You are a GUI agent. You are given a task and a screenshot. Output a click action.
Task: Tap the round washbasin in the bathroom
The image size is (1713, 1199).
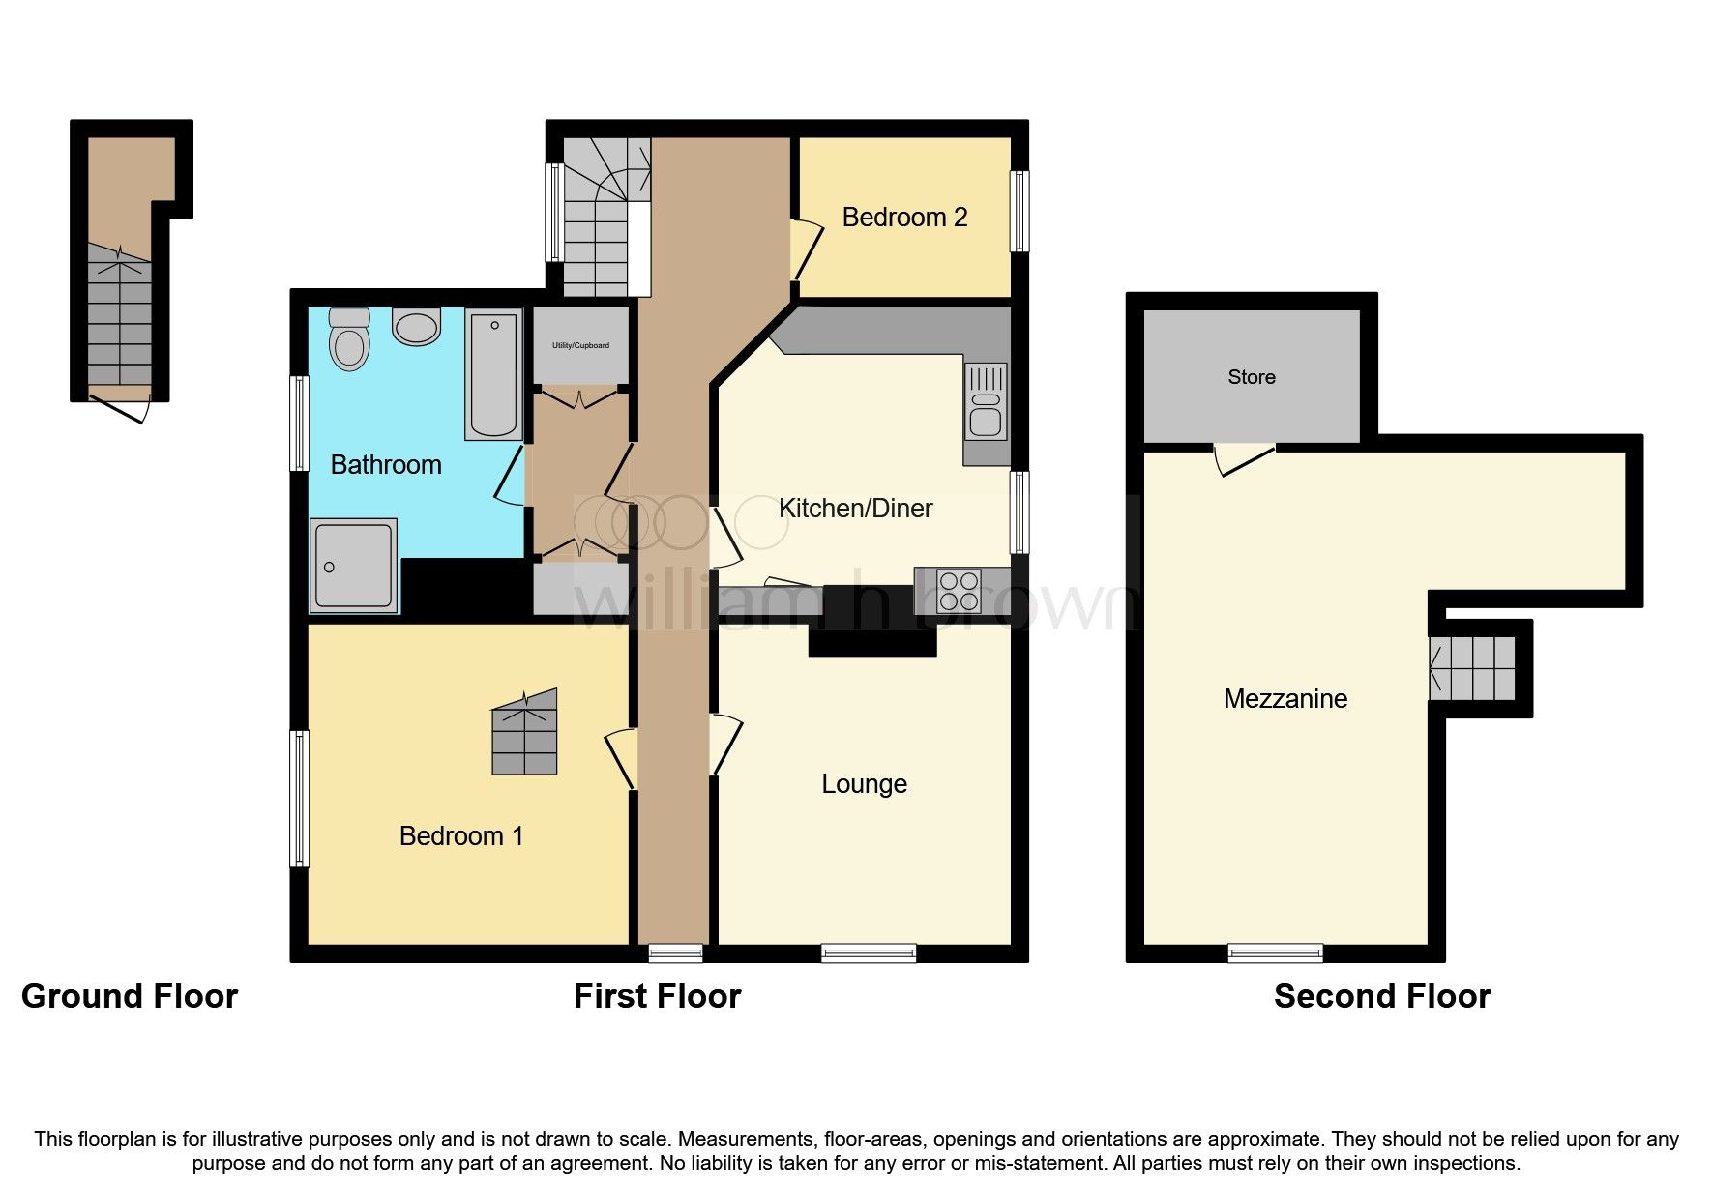click(x=417, y=327)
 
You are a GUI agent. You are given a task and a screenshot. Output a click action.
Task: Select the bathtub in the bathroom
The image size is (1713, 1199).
click(x=493, y=373)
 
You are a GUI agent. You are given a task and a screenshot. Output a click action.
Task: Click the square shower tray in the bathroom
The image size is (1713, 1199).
click(x=353, y=566)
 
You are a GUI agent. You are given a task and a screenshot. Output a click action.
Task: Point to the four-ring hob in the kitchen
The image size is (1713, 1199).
click(x=959, y=591)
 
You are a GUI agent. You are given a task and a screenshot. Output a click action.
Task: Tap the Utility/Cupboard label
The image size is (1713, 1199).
click(x=580, y=345)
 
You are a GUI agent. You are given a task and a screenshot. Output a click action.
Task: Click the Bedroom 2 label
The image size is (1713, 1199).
click(x=904, y=218)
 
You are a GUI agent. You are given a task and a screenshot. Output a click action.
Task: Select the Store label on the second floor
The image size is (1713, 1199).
click(x=1251, y=377)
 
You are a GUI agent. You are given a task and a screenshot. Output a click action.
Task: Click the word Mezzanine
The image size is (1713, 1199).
click(x=1285, y=698)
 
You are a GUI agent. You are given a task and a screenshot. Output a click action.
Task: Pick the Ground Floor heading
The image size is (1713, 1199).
click(x=130, y=996)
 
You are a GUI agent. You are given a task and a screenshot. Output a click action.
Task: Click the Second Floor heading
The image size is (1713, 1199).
click(x=1381, y=996)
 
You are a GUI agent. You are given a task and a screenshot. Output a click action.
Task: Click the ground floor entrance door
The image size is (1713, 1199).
click(x=120, y=405)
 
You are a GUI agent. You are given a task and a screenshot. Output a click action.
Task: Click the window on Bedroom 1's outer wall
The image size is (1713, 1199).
click(x=301, y=798)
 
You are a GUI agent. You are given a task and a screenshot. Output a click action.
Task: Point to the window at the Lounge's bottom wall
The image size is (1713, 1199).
click(x=868, y=953)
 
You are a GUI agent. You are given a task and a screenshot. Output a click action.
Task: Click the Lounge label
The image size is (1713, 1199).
click(x=864, y=783)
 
